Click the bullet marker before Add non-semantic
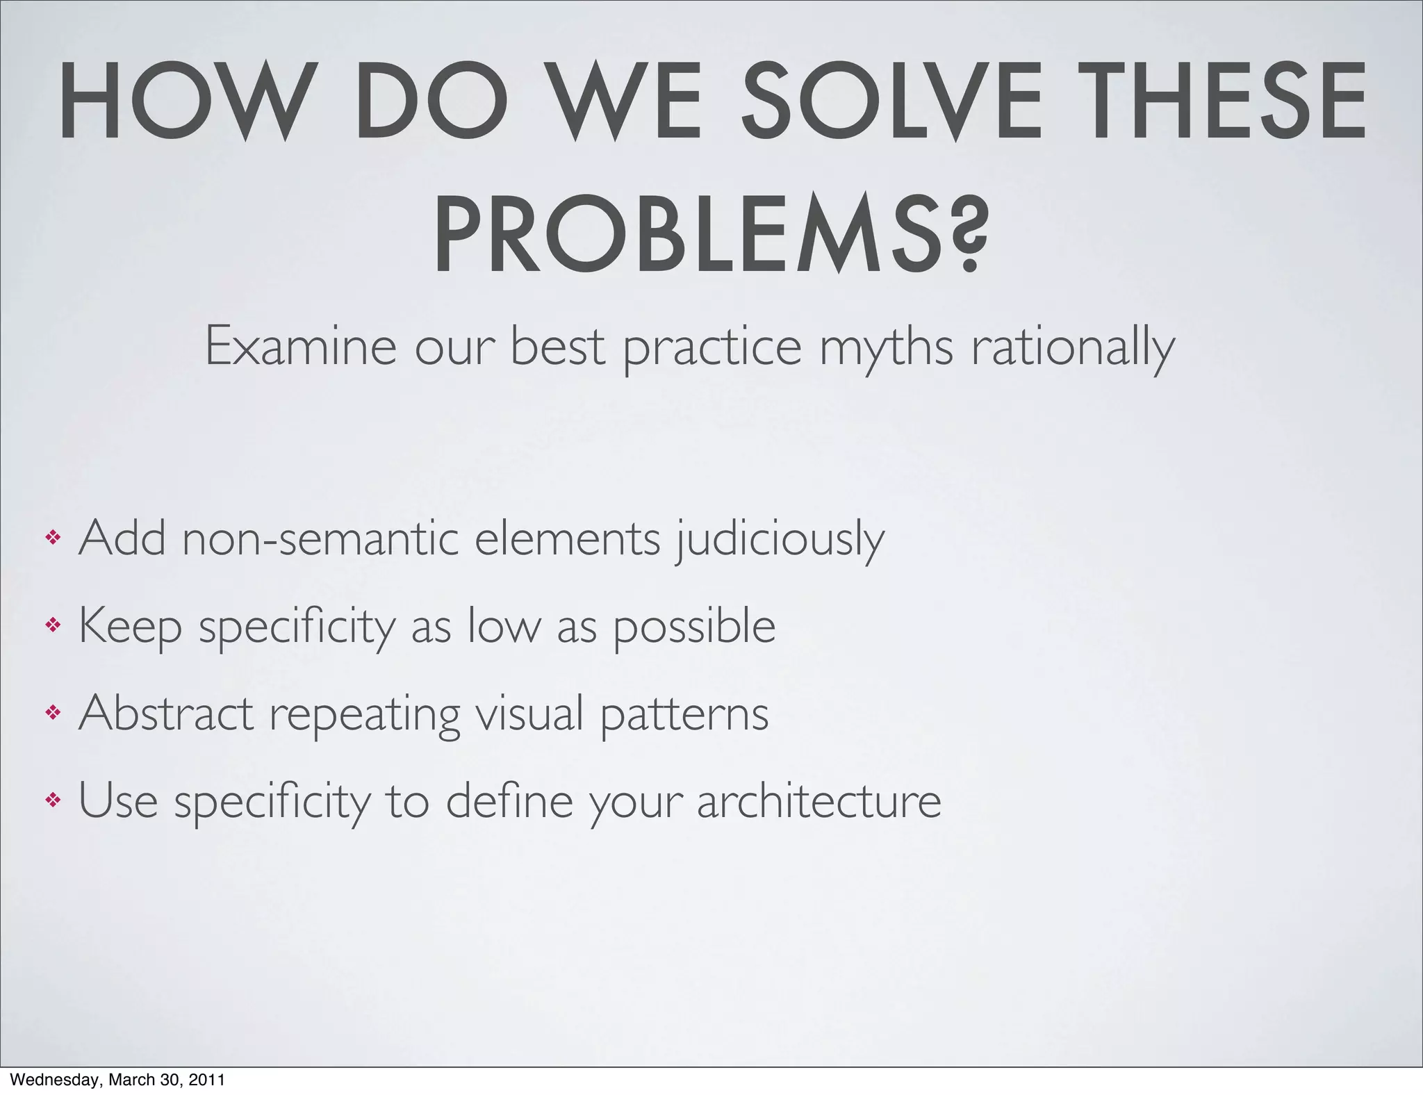[x=53, y=538]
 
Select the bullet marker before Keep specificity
[x=53, y=625]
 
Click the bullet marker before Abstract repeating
[x=53, y=713]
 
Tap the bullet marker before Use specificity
[x=53, y=800]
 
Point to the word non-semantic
[x=320, y=539]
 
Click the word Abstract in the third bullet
[x=166, y=713]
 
